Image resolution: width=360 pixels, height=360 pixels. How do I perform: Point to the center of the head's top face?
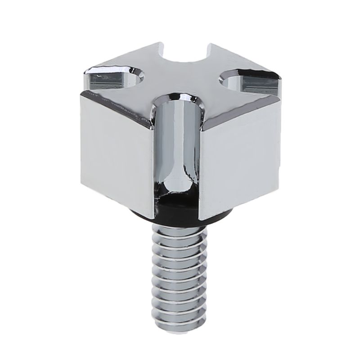tap(182, 79)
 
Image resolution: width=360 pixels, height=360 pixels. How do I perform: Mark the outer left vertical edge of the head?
tap(81, 139)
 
